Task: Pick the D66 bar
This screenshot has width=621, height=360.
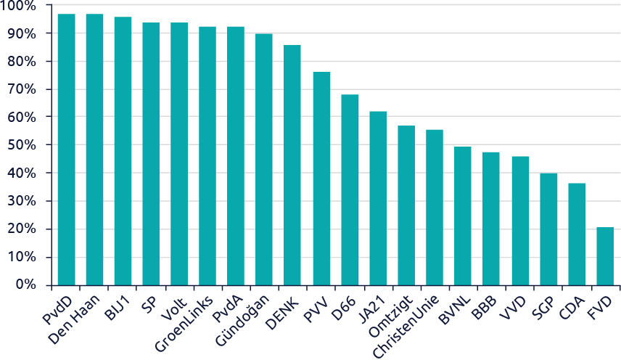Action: click(x=350, y=190)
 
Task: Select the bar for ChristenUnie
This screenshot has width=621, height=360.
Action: click(x=435, y=208)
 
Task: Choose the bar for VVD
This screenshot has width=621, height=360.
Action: click(x=519, y=221)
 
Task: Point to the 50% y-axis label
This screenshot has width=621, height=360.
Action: click(x=20, y=145)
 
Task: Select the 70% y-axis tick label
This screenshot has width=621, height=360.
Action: click(x=20, y=89)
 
